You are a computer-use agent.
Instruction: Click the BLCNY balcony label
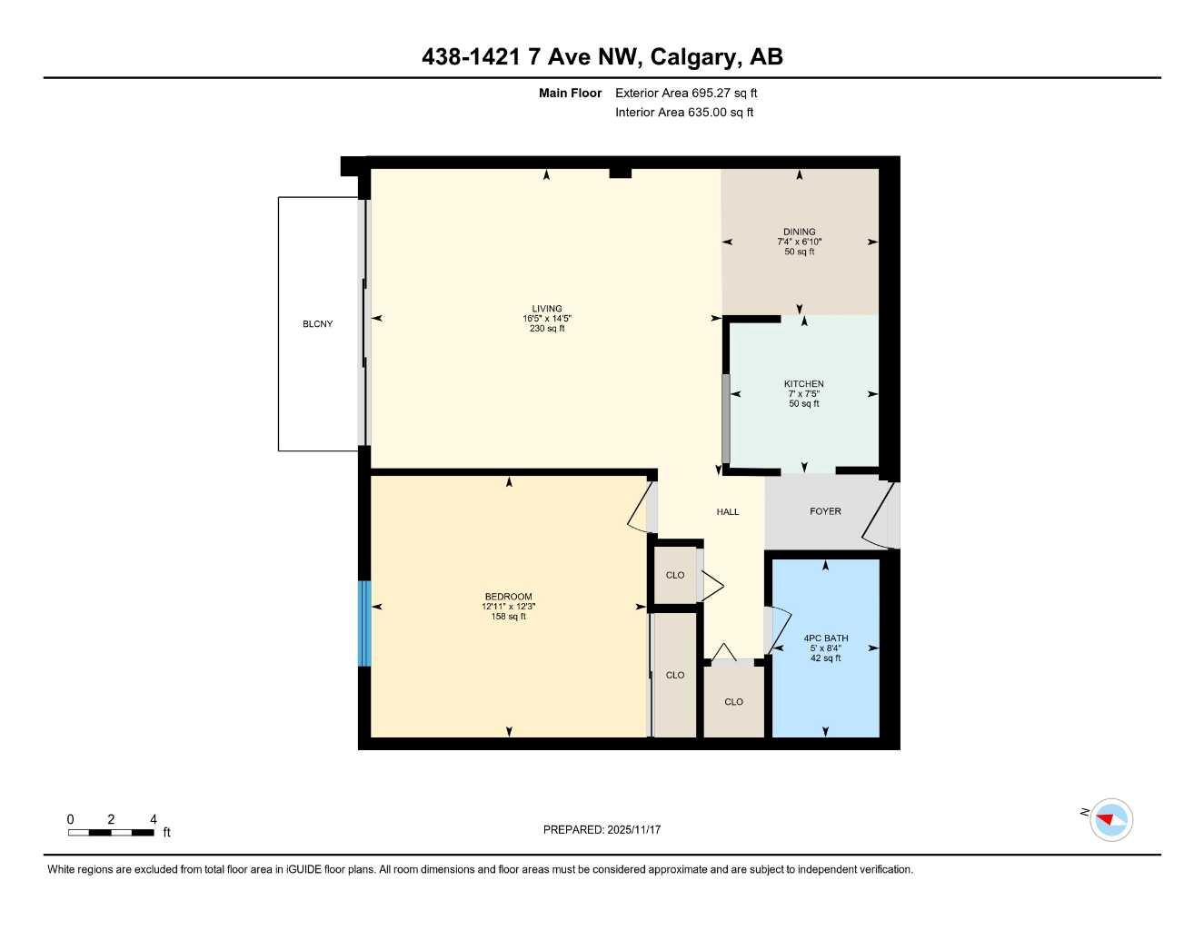[x=317, y=324]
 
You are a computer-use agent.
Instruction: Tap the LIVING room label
[x=547, y=309]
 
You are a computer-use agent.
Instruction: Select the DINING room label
[x=799, y=232]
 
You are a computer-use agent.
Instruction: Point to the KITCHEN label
[x=803, y=384]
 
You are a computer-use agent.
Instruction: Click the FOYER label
[x=825, y=511]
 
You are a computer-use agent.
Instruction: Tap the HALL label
[x=727, y=512]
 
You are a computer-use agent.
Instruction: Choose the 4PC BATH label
[x=825, y=638]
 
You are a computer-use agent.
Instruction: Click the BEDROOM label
[x=508, y=597]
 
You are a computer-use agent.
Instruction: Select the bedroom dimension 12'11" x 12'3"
[x=508, y=607]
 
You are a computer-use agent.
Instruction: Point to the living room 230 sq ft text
[x=547, y=329]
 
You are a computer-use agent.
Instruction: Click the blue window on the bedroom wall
[x=364, y=623]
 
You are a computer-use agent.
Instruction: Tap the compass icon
[x=1110, y=820]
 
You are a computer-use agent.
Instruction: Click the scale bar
[x=111, y=832]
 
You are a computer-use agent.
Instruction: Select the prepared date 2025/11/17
[x=602, y=829]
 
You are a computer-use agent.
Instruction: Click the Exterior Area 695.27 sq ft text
[x=686, y=93]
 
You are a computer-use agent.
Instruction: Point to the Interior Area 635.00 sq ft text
[x=684, y=113]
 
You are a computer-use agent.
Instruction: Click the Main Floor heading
[x=570, y=93]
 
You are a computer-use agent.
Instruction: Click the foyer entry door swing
[x=879, y=518]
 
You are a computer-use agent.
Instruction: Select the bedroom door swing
[x=641, y=509]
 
